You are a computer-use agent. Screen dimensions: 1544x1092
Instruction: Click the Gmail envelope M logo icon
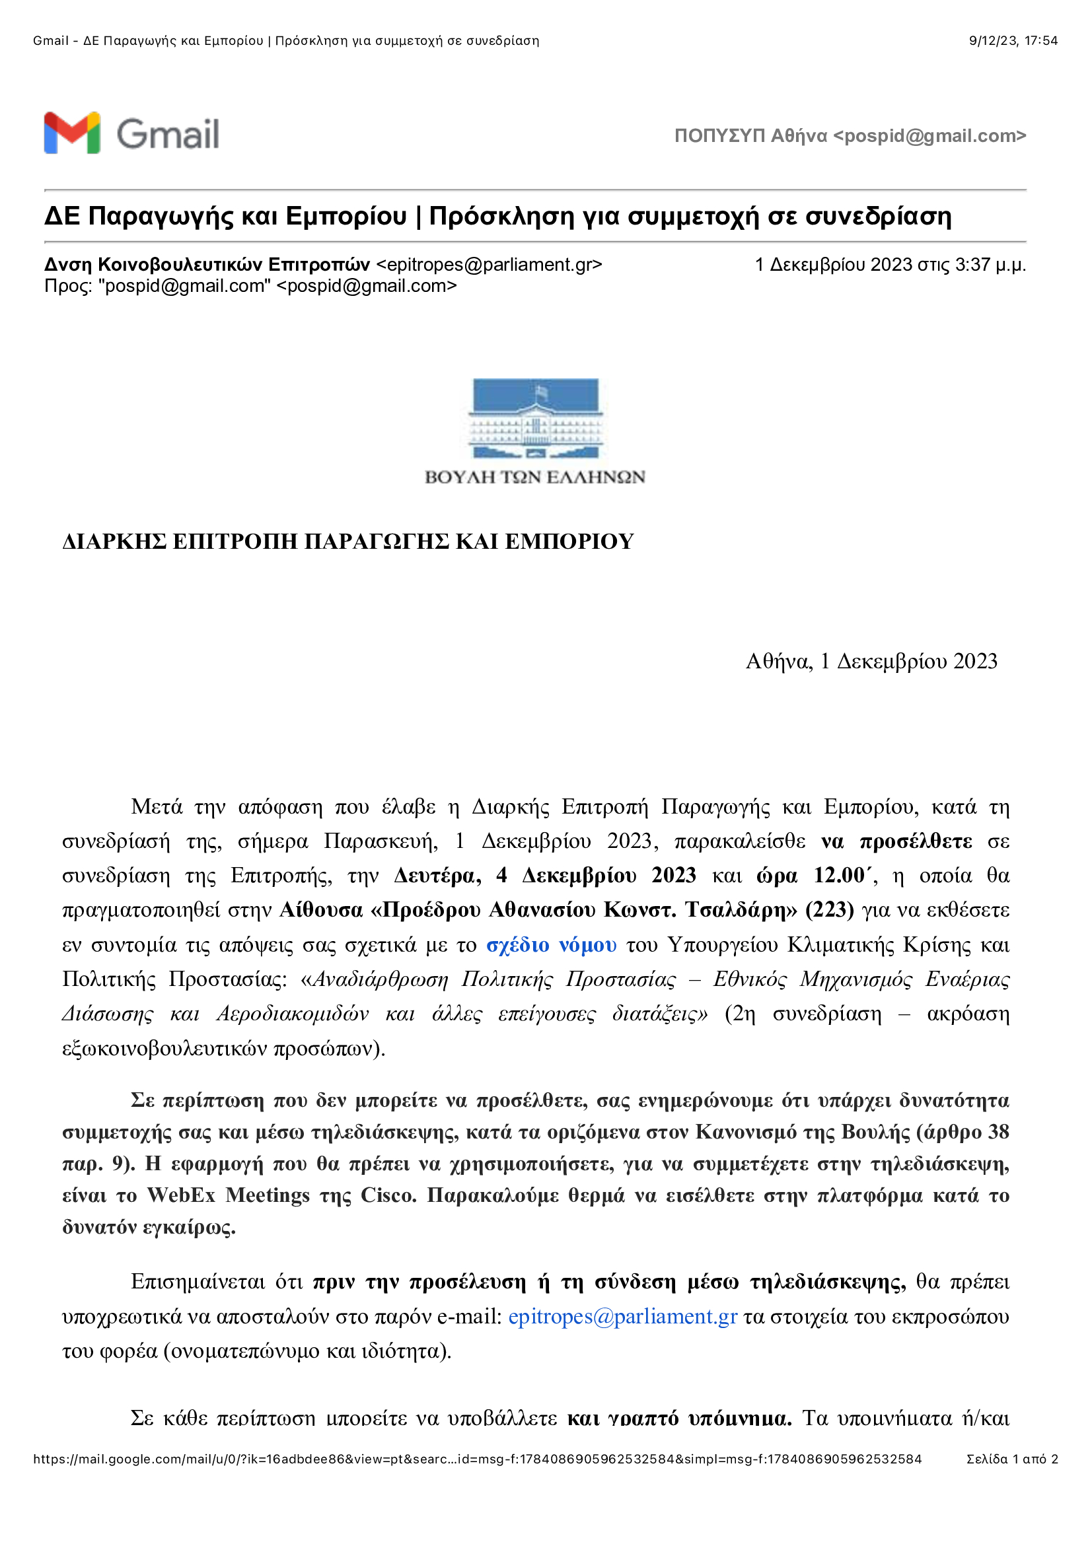click(72, 133)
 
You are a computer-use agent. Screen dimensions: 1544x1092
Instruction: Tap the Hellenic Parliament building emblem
click(535, 419)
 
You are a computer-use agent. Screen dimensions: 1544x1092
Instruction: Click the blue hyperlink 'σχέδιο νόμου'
click(551, 945)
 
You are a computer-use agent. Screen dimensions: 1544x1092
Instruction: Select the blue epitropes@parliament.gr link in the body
click(622, 1317)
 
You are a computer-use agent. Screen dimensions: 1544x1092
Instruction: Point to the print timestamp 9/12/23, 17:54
click(1013, 41)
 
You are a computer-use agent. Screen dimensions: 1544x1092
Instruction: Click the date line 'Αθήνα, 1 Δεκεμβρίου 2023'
click(871, 662)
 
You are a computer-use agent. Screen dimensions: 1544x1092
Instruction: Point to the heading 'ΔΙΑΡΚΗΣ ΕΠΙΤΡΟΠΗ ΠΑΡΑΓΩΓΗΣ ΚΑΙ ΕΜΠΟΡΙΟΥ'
click(348, 542)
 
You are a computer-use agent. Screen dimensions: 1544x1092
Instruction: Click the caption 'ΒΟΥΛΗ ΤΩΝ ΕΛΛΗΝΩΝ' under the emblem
click(535, 477)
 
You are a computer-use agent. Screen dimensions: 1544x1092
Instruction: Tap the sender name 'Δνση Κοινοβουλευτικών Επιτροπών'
click(207, 265)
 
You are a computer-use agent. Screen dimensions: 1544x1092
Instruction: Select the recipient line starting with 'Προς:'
click(250, 286)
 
